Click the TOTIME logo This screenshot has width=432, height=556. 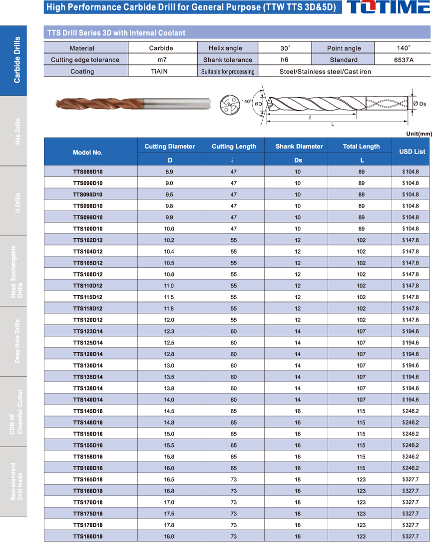[x=388, y=7]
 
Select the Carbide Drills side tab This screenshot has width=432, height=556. [x=13, y=60]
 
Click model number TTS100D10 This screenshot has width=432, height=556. [x=88, y=228]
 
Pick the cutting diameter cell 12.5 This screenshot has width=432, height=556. [x=169, y=343]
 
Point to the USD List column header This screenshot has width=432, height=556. [x=413, y=151]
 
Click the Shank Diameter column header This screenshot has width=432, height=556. [x=299, y=146]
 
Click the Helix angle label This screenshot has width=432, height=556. [x=226, y=48]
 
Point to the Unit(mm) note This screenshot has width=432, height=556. [x=419, y=133]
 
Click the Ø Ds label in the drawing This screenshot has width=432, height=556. [x=420, y=103]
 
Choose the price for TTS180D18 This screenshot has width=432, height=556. [x=411, y=536]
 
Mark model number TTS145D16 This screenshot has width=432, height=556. [x=88, y=411]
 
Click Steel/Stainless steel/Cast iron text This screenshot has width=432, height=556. [x=325, y=71]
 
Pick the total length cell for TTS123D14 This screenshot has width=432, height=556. [x=361, y=331]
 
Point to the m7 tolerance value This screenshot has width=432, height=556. [x=161, y=60]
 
